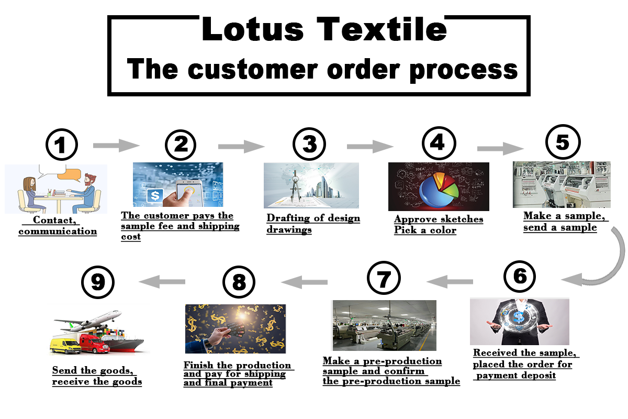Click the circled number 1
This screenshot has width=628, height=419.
pos(62,144)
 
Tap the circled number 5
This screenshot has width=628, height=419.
pos(562,141)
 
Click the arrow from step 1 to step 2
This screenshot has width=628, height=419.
pos(116,145)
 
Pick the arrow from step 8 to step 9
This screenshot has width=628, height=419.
pos(164,282)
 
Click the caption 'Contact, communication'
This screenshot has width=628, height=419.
pos(58,226)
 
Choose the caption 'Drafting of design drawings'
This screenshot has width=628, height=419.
pos(313,224)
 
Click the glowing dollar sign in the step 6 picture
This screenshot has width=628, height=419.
pos(519,317)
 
